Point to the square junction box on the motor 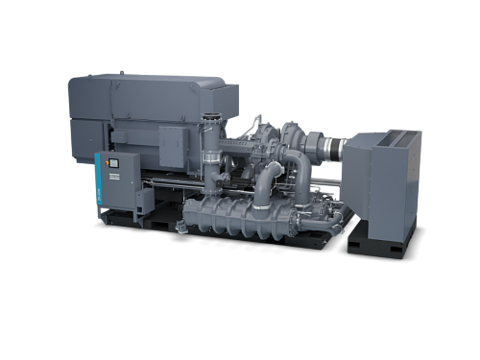(x=173, y=144)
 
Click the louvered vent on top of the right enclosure (x=394, y=138)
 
